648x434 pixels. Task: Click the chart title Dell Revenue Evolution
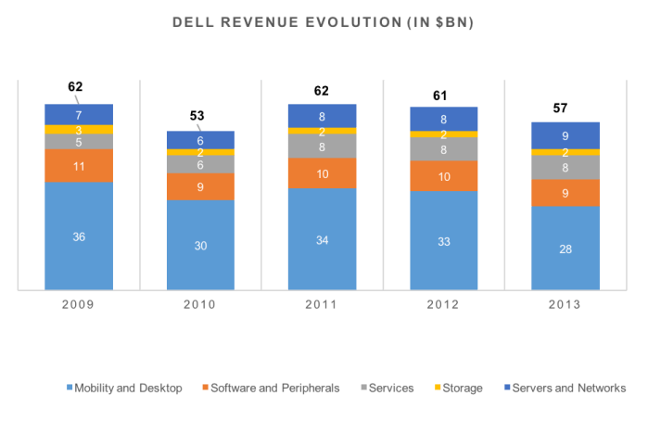[x=323, y=22]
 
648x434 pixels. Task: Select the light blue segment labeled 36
[x=79, y=236]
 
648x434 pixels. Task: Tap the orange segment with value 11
[x=79, y=166]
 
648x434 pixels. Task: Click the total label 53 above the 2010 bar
[x=197, y=116]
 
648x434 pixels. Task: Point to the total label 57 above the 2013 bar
[x=560, y=108]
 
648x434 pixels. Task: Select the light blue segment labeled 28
[x=565, y=248]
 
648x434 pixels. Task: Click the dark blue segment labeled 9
[x=565, y=135]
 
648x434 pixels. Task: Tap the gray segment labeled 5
[x=79, y=142]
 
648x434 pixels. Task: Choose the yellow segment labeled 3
[x=79, y=130]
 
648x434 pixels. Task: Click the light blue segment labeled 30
[x=200, y=245]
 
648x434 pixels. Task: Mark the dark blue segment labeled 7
[x=79, y=114]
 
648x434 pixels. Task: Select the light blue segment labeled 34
[x=322, y=239]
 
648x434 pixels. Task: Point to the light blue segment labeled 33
[x=444, y=240]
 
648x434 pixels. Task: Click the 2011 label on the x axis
[x=322, y=304]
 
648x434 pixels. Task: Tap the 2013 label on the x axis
[x=565, y=304]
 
